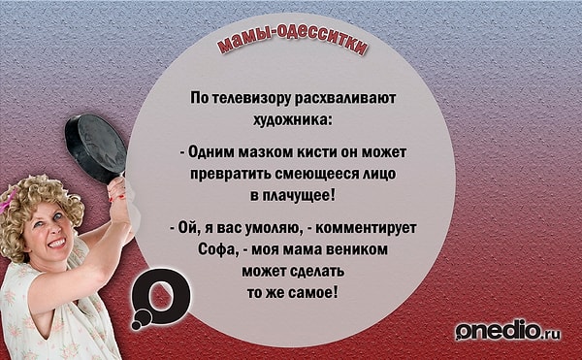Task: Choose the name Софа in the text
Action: tap(206, 249)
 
